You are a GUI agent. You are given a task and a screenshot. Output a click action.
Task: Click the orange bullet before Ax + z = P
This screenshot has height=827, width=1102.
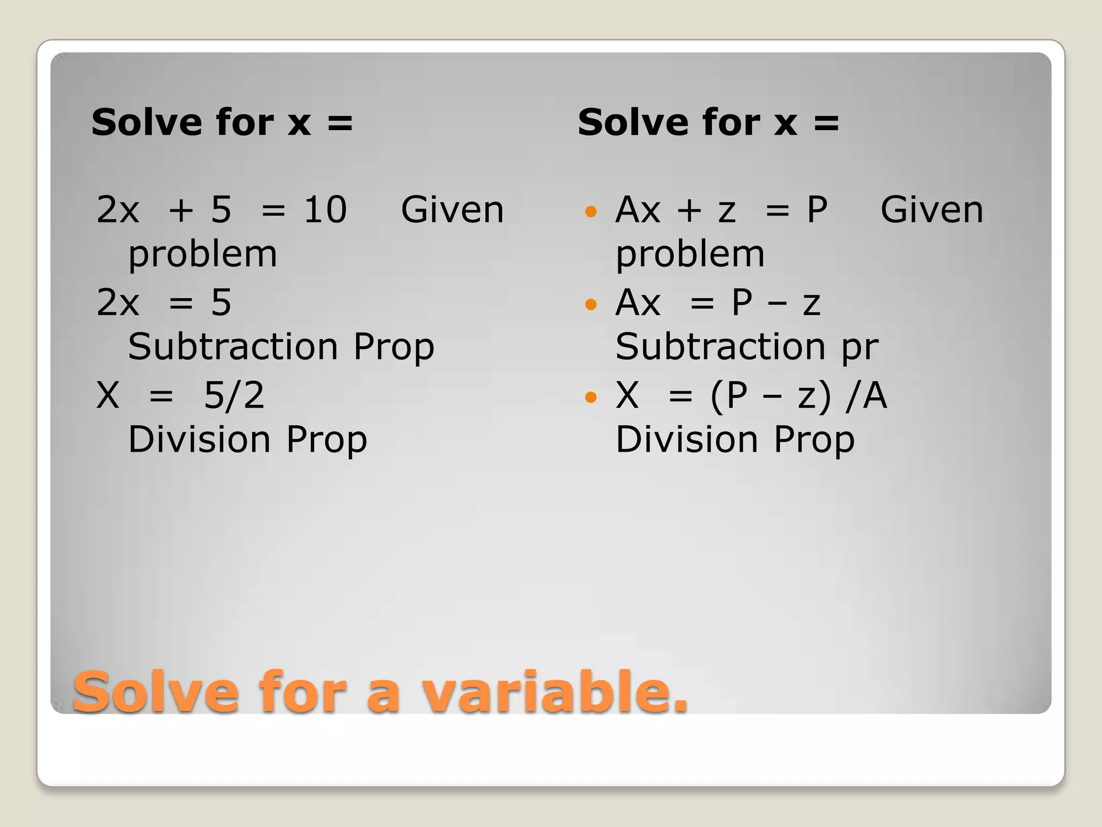(591, 212)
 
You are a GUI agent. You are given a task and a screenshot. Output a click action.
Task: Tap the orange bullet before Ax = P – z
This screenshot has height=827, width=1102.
(591, 305)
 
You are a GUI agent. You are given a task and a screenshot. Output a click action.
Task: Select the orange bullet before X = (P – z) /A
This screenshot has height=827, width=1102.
(591, 397)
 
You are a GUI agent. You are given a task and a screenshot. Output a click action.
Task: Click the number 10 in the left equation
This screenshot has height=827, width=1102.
(325, 210)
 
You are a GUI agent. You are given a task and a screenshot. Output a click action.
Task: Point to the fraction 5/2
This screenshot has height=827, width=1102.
(234, 396)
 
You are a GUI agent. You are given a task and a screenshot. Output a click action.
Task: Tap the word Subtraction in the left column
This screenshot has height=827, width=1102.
(233, 347)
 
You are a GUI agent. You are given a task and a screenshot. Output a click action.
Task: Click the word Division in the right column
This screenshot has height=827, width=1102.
(687, 439)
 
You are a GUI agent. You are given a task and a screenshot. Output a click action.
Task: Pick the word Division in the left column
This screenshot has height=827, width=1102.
(199, 439)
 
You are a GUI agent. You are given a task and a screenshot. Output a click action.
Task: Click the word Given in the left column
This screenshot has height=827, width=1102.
(452, 210)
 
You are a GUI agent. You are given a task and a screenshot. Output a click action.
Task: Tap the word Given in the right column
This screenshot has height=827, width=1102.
(931, 210)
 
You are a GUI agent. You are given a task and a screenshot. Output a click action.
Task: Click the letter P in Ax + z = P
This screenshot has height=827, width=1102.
(817, 210)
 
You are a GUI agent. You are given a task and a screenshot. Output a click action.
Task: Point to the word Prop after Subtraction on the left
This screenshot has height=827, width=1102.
(394, 348)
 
